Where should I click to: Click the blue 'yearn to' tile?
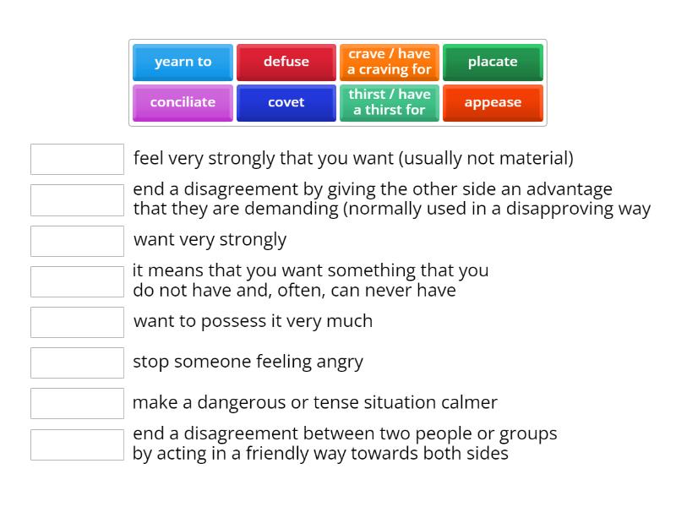point(183,62)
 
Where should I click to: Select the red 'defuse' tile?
point(286,62)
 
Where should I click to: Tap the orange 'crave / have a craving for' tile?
point(390,62)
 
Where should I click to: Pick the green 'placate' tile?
point(493,62)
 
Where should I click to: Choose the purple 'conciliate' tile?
point(183,102)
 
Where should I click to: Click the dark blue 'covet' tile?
point(286,102)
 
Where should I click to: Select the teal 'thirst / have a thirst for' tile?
point(390,102)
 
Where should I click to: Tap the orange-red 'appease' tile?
point(493,102)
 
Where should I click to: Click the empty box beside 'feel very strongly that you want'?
point(77,159)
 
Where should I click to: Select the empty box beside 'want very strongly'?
point(77,241)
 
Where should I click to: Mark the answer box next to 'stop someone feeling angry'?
point(77,363)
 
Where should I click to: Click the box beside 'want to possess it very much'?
point(77,322)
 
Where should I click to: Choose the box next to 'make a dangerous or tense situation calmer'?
point(77,403)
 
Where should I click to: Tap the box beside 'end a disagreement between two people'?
point(77,444)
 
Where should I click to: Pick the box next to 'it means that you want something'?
point(77,281)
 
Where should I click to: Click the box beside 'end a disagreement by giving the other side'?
point(77,200)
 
